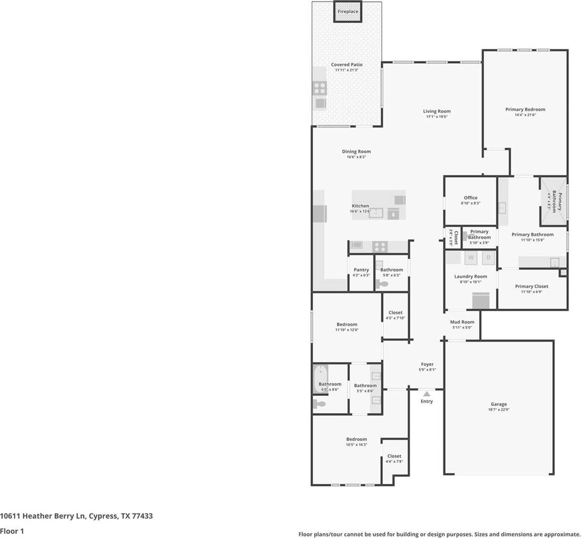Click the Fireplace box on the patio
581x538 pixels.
(348, 12)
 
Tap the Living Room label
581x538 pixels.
(437, 111)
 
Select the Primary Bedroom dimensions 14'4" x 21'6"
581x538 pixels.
(525, 115)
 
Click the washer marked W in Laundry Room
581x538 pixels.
(470, 258)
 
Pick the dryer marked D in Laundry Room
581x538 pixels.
(488, 258)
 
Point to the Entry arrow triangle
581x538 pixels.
(426, 394)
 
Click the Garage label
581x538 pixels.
(499, 404)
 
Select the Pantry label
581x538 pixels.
(361, 270)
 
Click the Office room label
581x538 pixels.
(470, 198)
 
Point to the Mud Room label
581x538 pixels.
(462, 322)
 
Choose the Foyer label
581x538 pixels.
(427, 364)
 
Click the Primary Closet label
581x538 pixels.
(531, 286)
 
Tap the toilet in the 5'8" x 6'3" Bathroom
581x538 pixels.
(382, 284)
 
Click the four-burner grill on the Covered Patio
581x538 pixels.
(320, 88)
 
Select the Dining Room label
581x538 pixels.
(356, 152)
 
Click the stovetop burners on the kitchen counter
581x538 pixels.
(380, 246)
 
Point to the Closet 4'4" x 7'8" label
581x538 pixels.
(394, 456)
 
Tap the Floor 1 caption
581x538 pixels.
(12, 531)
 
